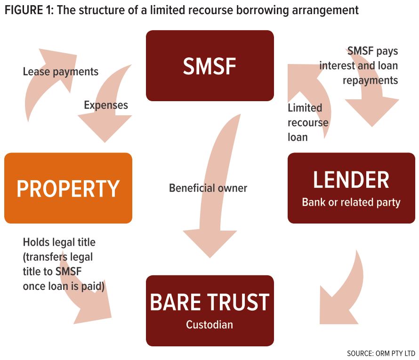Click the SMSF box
pos(209,66)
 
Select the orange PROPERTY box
pos(68,188)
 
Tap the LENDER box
pos(351,187)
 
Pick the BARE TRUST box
pos(209,311)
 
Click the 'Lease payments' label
pos(61,72)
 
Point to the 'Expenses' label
pos(106,105)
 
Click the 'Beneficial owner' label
pos(208,188)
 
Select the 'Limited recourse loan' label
pos(307,122)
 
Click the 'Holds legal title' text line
pos(59,242)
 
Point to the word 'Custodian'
pos(209,325)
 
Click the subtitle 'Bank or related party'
pos(351,202)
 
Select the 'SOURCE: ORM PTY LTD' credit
pos(381,353)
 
